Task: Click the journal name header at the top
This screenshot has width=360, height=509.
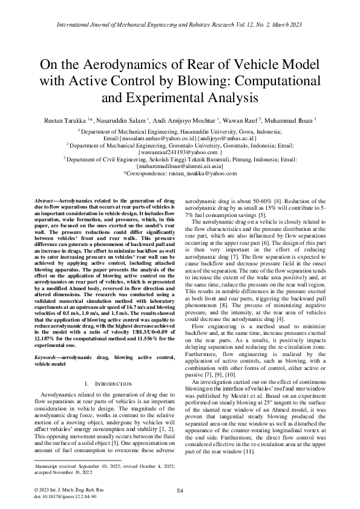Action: pyautogui.click(x=180, y=25)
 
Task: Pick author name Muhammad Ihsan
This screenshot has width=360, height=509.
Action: pyautogui.click(x=299, y=122)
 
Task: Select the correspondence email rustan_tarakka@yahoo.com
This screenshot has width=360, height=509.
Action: pyautogui.click(x=197, y=173)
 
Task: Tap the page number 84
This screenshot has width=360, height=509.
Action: pyautogui.click(x=180, y=490)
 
